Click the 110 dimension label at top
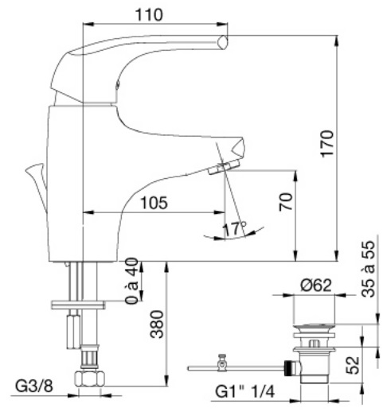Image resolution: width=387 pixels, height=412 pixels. [x=149, y=15]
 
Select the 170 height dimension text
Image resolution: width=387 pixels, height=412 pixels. [x=326, y=144]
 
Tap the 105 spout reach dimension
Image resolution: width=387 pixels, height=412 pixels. [x=154, y=203]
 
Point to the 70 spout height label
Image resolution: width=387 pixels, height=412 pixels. [x=286, y=202]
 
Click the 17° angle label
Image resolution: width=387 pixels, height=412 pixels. [x=234, y=228]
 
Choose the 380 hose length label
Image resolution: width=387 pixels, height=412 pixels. [x=157, y=325]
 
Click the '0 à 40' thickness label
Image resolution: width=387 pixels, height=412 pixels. [x=131, y=281]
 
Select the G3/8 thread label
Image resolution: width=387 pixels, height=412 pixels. [x=34, y=386]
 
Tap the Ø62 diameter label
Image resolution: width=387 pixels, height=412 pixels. [x=316, y=286]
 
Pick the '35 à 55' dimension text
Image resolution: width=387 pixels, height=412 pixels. [x=368, y=269]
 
